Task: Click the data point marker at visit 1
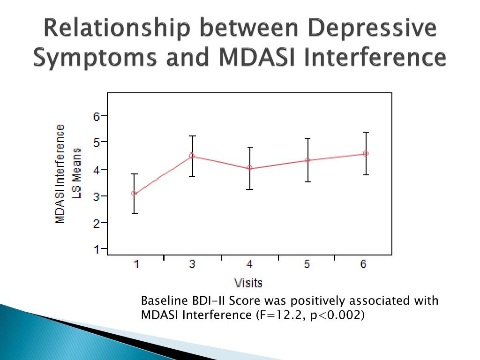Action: (134, 193)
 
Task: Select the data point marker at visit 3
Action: (192, 156)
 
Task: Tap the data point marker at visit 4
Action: (250, 168)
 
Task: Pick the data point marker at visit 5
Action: (307, 160)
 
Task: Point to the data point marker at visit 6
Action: (366, 154)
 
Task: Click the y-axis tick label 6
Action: (97, 116)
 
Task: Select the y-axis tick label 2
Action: (97, 223)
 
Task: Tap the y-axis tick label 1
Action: (97, 249)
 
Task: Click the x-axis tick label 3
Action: (192, 264)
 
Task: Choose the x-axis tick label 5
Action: (307, 264)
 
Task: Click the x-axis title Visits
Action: (248, 283)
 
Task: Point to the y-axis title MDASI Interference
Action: (60, 174)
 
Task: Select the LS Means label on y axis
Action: (76, 173)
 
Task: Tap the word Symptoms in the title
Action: (95, 57)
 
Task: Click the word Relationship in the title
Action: (117, 28)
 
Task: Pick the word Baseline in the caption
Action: (164, 300)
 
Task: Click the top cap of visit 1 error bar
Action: (134, 174)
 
